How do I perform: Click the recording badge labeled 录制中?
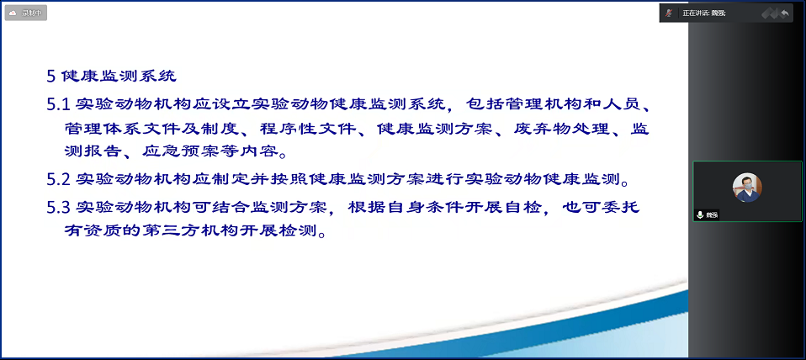[x=26, y=13]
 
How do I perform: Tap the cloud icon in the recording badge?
[x=13, y=13]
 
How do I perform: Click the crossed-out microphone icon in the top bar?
[x=669, y=13]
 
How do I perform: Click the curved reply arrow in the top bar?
[x=784, y=13]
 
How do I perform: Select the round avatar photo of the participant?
[x=747, y=188]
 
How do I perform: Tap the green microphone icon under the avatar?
[x=700, y=214]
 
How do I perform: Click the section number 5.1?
[x=59, y=105]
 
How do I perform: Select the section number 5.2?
[x=59, y=180]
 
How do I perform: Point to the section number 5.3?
[x=59, y=208]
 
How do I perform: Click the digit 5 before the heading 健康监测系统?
[x=50, y=77]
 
